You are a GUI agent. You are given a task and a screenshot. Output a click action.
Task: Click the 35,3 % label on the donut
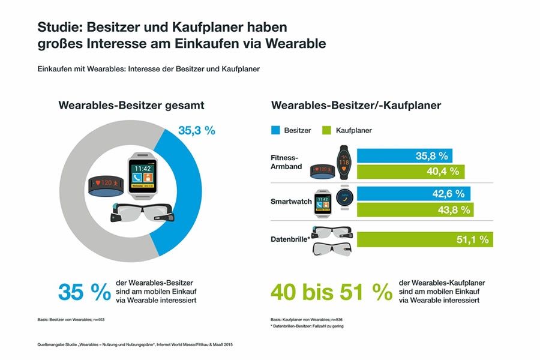click(x=197, y=131)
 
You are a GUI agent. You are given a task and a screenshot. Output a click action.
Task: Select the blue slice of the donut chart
click(x=182, y=192)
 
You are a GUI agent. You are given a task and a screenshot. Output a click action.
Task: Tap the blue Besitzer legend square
click(x=276, y=130)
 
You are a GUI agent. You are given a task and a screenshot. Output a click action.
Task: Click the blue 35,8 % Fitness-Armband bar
click(x=405, y=155)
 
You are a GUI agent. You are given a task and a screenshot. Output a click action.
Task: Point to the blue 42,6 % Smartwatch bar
click(x=413, y=193)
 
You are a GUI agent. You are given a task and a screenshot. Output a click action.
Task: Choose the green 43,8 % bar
click(x=415, y=209)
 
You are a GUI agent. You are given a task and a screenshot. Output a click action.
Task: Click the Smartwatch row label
click(x=291, y=202)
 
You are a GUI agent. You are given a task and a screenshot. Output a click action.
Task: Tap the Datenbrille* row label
click(x=290, y=239)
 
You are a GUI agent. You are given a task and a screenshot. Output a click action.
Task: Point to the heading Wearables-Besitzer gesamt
click(x=131, y=106)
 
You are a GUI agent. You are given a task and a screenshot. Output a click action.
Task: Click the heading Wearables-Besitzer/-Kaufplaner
click(x=356, y=106)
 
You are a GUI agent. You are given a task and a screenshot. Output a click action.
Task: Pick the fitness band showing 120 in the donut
click(x=104, y=184)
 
